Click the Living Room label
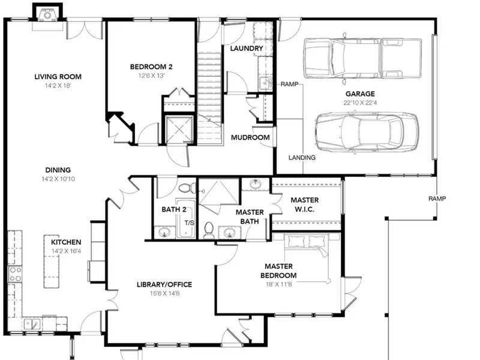(x=58, y=77)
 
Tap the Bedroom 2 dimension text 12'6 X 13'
(x=152, y=76)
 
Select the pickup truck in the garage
(x=362, y=58)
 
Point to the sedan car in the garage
(x=367, y=131)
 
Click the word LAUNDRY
(x=247, y=49)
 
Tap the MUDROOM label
(x=250, y=137)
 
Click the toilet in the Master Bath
(x=209, y=230)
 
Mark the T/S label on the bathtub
(x=189, y=223)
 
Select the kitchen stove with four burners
(x=14, y=274)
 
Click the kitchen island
(x=52, y=261)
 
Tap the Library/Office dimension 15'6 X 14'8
(x=164, y=293)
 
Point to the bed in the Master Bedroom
(x=308, y=258)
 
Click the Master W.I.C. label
(x=305, y=205)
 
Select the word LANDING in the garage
(x=302, y=157)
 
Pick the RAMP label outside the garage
(x=437, y=199)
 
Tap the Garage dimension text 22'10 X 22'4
(x=360, y=103)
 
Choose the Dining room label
(x=58, y=170)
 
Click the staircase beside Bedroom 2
(x=209, y=97)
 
